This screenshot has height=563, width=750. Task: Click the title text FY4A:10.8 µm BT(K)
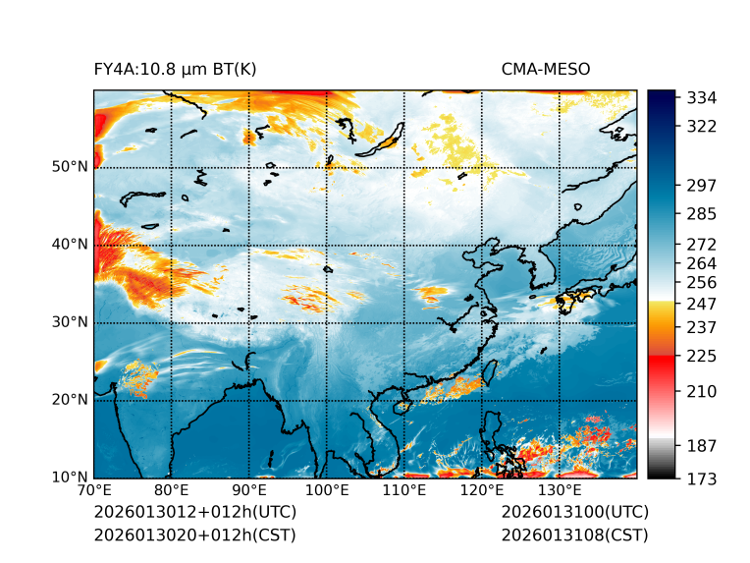[x=175, y=69]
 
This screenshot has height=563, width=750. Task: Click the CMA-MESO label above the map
[x=545, y=69]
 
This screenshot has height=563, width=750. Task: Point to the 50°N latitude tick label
[x=70, y=167]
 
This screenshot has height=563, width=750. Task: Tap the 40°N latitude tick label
[x=70, y=245]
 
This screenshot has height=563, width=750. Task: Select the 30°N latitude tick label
[x=70, y=322]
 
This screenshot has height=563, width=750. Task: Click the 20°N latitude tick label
[x=70, y=400]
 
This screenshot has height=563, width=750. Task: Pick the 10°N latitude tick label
[x=70, y=478]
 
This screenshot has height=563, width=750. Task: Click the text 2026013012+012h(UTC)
[x=194, y=513]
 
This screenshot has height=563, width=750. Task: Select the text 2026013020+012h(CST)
[x=194, y=535]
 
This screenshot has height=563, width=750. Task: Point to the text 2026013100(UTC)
[x=574, y=513]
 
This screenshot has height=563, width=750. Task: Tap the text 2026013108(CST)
[x=574, y=535]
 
